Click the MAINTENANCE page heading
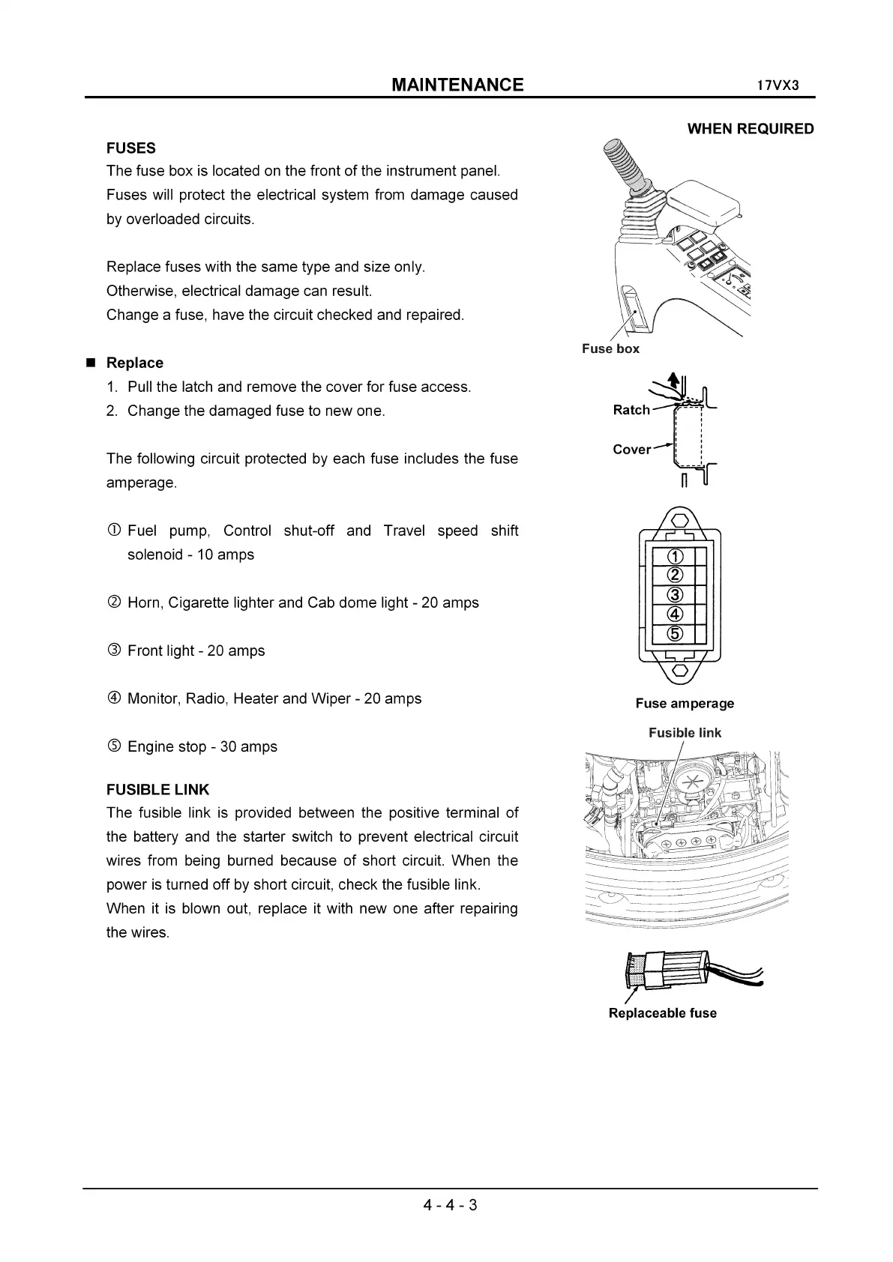pyautogui.click(x=457, y=85)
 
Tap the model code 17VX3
pyautogui.click(x=778, y=85)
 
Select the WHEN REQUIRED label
pyautogui.click(x=750, y=129)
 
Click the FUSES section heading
pyautogui.click(x=131, y=148)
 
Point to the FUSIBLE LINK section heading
pyautogui.click(x=157, y=789)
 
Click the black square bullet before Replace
pyautogui.click(x=91, y=363)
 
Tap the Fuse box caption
pyautogui.click(x=610, y=348)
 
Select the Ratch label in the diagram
pyautogui.click(x=631, y=410)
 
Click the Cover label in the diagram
pyautogui.click(x=631, y=450)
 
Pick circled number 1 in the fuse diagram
pyautogui.click(x=675, y=557)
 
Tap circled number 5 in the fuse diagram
pyautogui.click(x=675, y=634)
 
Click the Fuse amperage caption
pyautogui.click(x=685, y=703)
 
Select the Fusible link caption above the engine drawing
pyautogui.click(x=685, y=733)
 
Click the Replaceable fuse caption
pyautogui.click(x=662, y=1013)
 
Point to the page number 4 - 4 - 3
pyautogui.click(x=450, y=1205)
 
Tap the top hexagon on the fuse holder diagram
pyautogui.click(x=679, y=520)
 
